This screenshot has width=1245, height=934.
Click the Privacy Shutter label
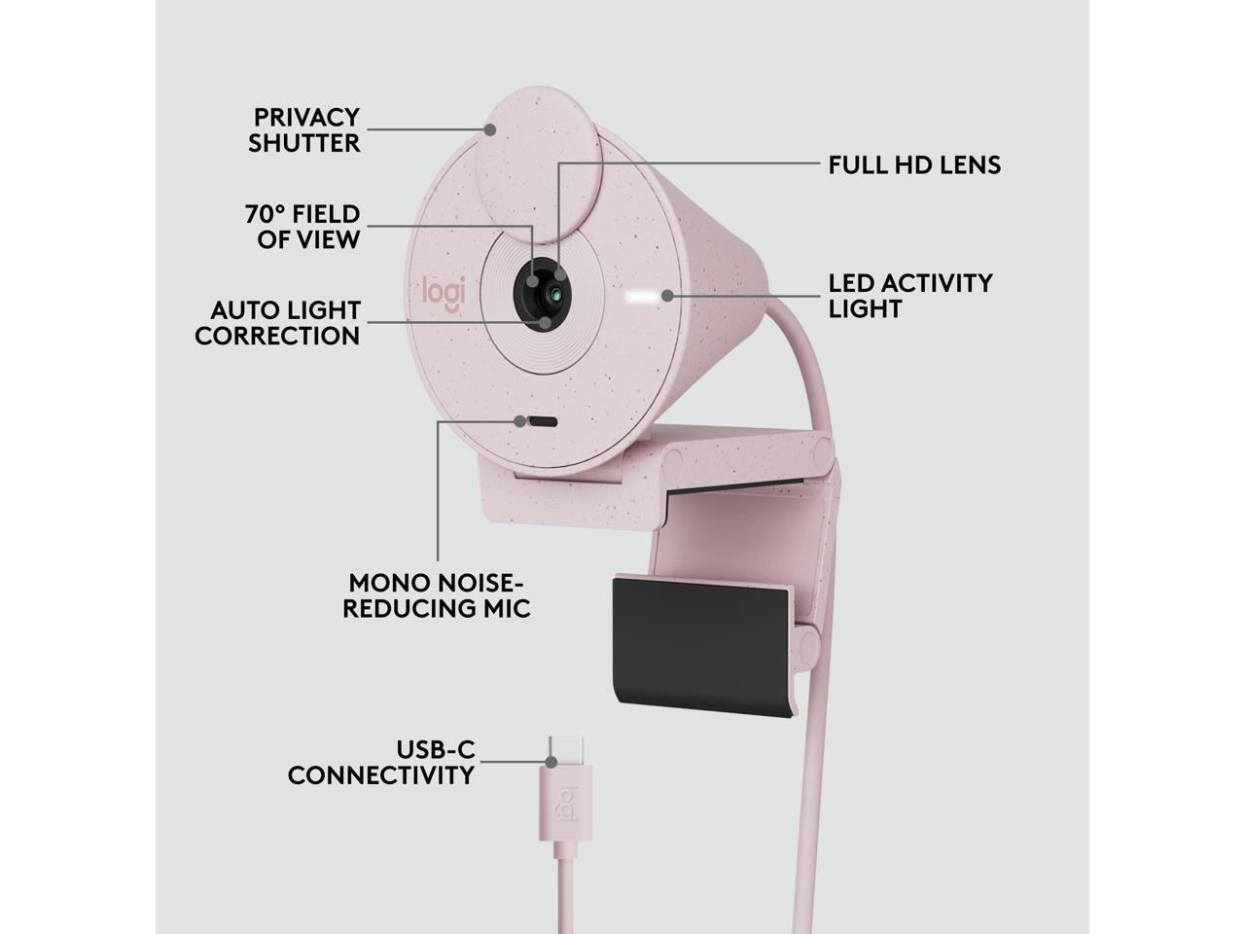[304, 129]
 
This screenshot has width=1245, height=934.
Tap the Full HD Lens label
[914, 164]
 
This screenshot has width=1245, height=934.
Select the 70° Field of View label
[302, 227]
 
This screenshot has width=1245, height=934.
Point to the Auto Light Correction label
[278, 323]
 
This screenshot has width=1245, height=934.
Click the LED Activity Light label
[909, 296]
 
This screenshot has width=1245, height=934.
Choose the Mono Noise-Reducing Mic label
[438, 595]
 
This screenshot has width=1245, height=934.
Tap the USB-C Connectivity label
[381, 763]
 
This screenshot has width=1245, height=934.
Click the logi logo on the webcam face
[444, 293]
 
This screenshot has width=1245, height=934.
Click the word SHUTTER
[304, 143]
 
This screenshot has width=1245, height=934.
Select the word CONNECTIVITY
[381, 775]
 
